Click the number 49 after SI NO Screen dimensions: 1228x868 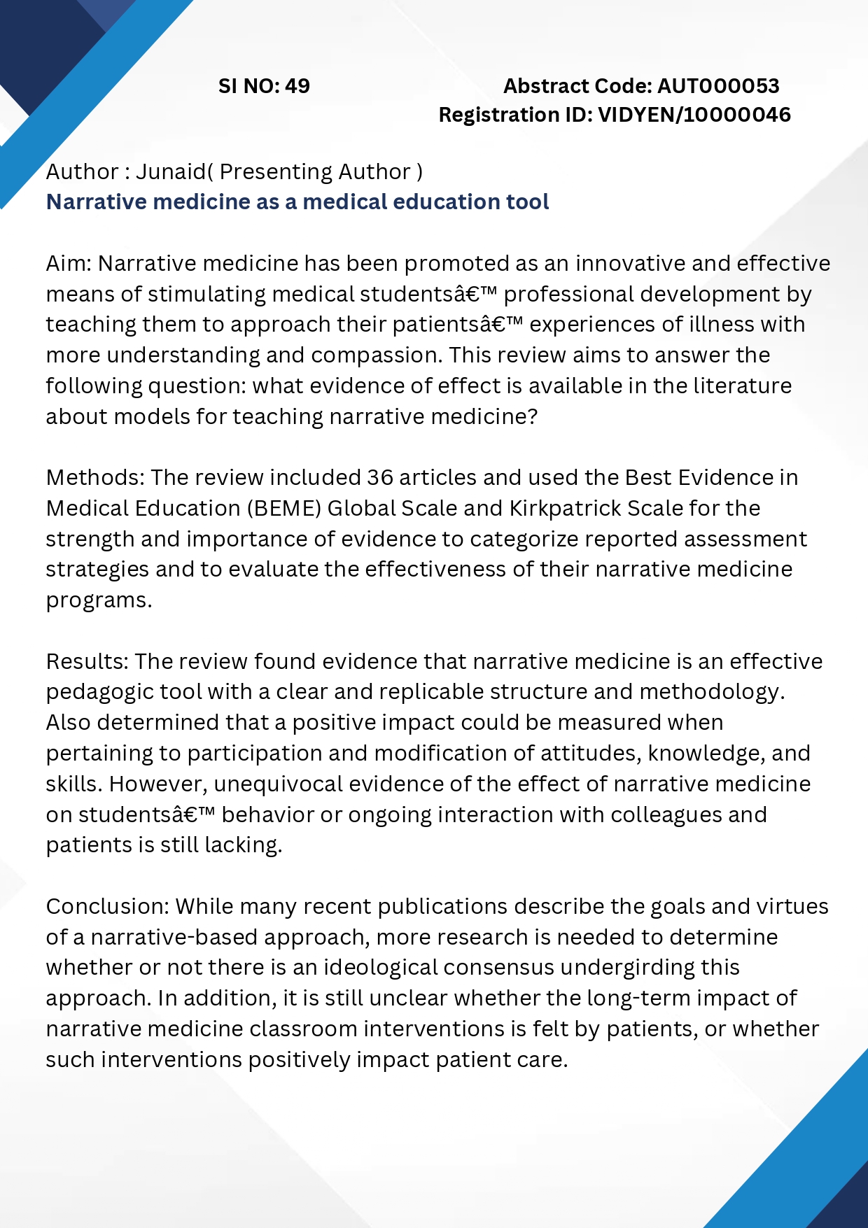point(297,86)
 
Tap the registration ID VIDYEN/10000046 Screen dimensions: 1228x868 point(694,115)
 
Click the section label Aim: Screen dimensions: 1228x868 point(69,264)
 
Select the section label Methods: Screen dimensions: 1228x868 point(95,478)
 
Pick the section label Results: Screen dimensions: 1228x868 point(87,662)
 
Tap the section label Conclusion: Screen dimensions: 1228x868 point(108,907)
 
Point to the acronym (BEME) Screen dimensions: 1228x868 point(284,509)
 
